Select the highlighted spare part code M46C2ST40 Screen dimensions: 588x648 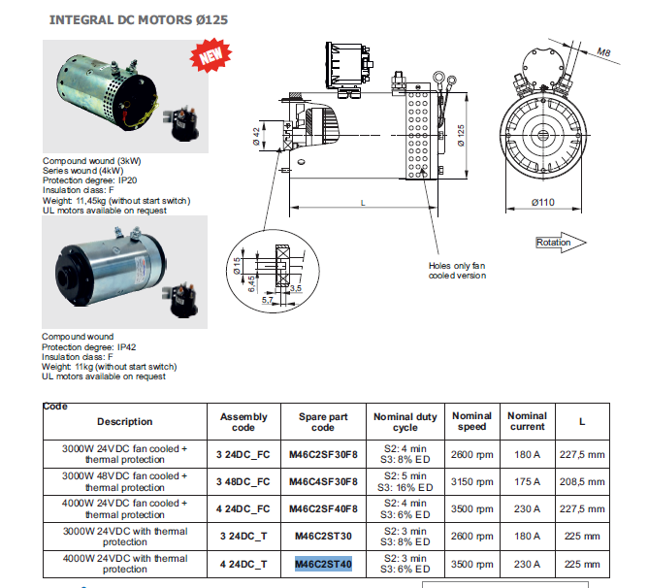click(x=324, y=564)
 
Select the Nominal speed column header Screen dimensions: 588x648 click(x=473, y=421)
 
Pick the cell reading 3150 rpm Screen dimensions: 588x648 click(x=473, y=482)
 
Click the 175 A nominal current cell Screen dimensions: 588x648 click(x=527, y=482)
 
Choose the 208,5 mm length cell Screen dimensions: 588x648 click(x=582, y=482)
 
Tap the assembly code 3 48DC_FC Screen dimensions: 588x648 click(x=243, y=482)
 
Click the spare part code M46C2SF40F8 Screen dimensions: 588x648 click(x=324, y=509)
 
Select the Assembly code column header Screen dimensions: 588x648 click(x=243, y=421)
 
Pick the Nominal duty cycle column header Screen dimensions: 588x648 click(x=405, y=421)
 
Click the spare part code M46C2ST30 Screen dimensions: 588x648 click(x=324, y=537)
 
